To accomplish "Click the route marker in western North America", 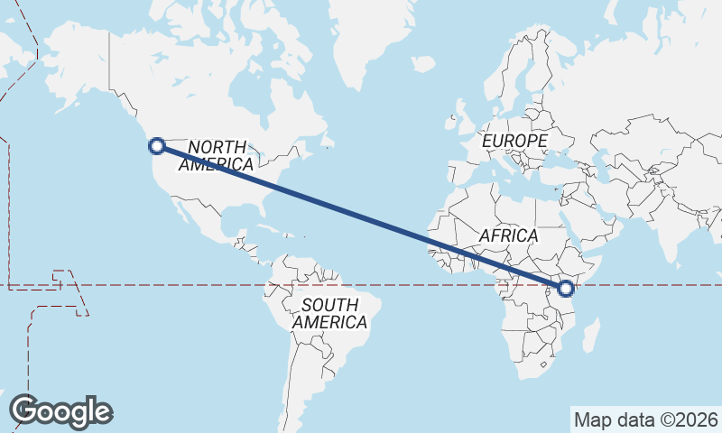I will (157, 145).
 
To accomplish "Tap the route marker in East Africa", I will (566, 289).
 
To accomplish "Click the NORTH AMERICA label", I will (217, 155).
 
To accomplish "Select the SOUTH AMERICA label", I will (329, 313).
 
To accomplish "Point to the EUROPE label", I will (514, 142).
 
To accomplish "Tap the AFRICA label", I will (508, 235).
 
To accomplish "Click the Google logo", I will (61, 411).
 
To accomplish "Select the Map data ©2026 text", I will (646, 419).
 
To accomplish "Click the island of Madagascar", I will (590, 336).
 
